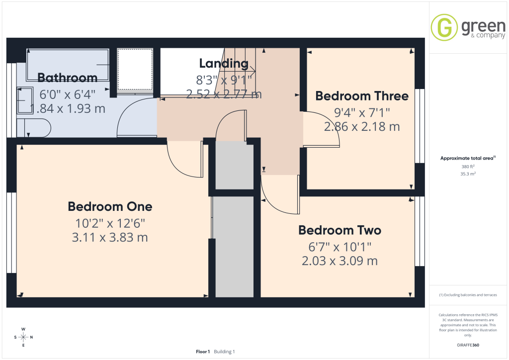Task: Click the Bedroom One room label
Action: pyautogui.click(x=110, y=206)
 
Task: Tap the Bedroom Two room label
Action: pyautogui.click(x=340, y=230)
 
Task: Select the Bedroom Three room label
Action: pyautogui.click(x=362, y=96)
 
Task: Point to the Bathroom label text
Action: pyautogui.click(x=68, y=78)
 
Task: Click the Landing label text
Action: pyautogui.click(x=224, y=63)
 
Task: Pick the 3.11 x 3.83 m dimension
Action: pyautogui.click(x=110, y=237)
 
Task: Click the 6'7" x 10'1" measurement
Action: pyautogui.click(x=340, y=247)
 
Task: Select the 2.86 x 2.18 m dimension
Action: pyautogui.click(x=362, y=127)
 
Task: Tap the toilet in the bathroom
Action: pyautogui.click(x=34, y=128)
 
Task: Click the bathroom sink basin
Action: pyautogui.click(x=25, y=100)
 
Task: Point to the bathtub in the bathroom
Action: pyautogui.click(x=68, y=65)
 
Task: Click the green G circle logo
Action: pyautogui.click(x=444, y=27)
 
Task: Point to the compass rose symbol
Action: pyautogui.click(x=23, y=337)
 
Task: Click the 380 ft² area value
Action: pyautogui.click(x=468, y=167)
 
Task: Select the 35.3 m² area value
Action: pyautogui.click(x=468, y=174)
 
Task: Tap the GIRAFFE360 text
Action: pyautogui.click(x=468, y=345)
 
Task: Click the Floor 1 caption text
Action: pyautogui.click(x=203, y=352)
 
